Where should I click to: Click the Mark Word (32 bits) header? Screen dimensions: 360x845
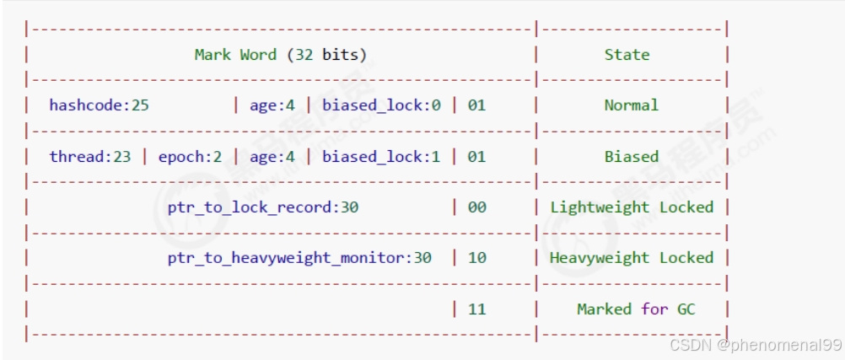pos(280,55)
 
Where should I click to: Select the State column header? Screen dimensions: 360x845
pos(627,55)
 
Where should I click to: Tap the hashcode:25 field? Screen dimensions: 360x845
pos(99,105)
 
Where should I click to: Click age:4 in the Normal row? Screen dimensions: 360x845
pos(272,105)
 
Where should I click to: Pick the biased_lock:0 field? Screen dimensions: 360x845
pos(381,105)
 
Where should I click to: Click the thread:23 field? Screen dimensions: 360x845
pos(89,156)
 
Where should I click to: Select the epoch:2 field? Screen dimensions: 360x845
pos(190,156)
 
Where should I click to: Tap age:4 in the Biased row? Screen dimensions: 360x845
pos(272,156)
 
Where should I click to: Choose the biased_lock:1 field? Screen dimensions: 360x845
pos(381,156)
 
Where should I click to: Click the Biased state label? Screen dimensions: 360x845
pos(631,156)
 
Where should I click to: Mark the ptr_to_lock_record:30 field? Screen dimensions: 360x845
pos(262,207)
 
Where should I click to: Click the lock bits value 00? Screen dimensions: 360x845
pos(476,207)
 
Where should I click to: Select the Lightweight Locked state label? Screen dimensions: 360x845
pos(631,207)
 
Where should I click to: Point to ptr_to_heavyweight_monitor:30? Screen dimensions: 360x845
pos(299,258)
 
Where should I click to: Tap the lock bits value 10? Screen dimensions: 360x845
pos(476,258)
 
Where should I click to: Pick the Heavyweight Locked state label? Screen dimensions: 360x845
pos(631,258)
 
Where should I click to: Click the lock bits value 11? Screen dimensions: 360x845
pos(476,309)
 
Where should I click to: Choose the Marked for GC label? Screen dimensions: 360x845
pos(636,309)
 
